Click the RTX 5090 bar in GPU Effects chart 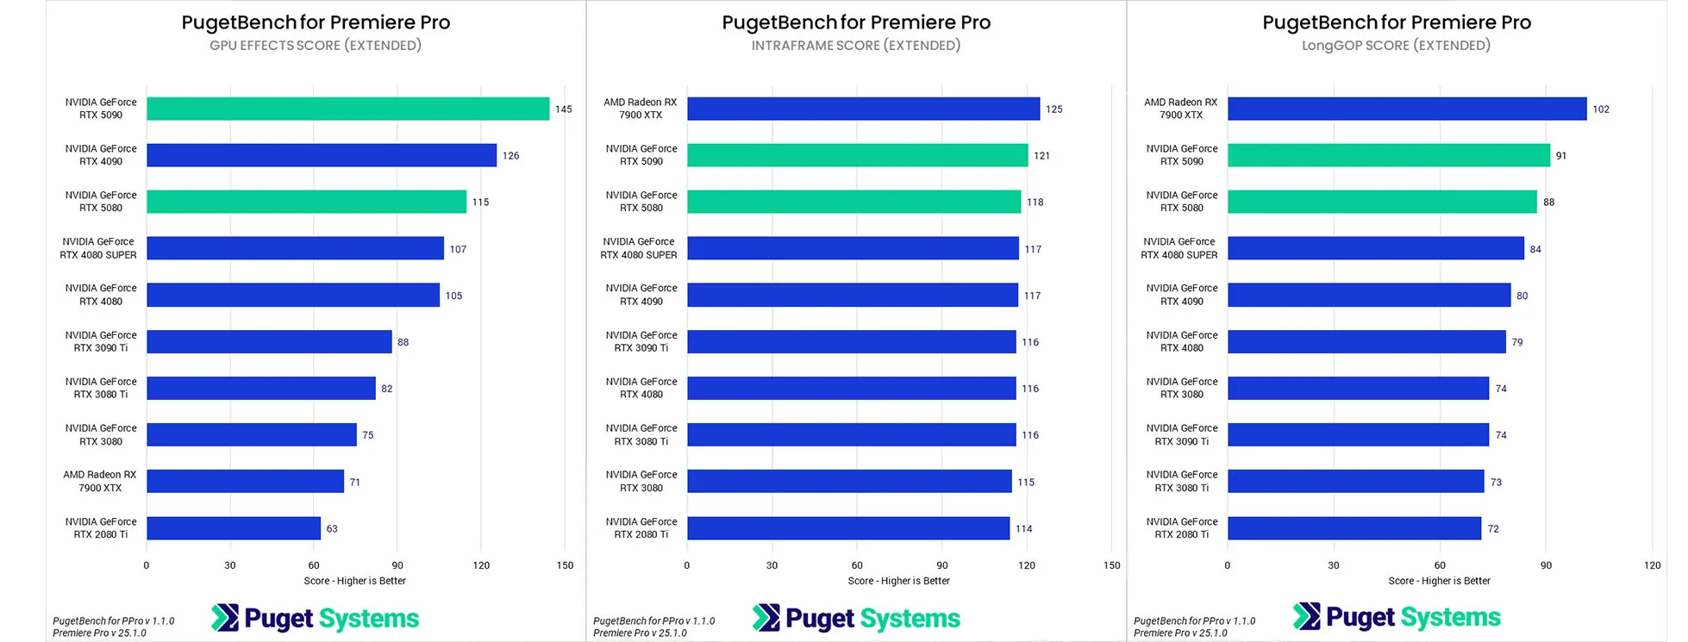coord(347,109)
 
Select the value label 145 coord(564,109)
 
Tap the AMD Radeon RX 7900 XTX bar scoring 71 coord(245,482)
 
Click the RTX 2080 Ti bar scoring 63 coord(234,528)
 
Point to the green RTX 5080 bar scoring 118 coord(853,202)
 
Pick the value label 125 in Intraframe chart coord(1053,109)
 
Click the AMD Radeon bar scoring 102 coord(1406,109)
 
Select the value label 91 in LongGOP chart coord(1561,156)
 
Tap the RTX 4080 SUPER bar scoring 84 coord(1375,249)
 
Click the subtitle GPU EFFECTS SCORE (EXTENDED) coord(316,46)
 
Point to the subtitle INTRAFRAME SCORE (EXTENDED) coord(856,46)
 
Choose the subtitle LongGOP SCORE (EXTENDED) coord(1396,46)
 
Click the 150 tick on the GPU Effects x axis coord(565,565)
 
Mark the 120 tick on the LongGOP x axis coord(1652,565)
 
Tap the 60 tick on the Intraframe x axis coord(857,565)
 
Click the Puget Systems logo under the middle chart coord(856,618)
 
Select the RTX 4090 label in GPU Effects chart coord(101,155)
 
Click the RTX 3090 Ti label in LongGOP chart coord(1182,435)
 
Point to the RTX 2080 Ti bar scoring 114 coord(847,528)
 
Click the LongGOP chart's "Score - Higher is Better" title coord(1439,581)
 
